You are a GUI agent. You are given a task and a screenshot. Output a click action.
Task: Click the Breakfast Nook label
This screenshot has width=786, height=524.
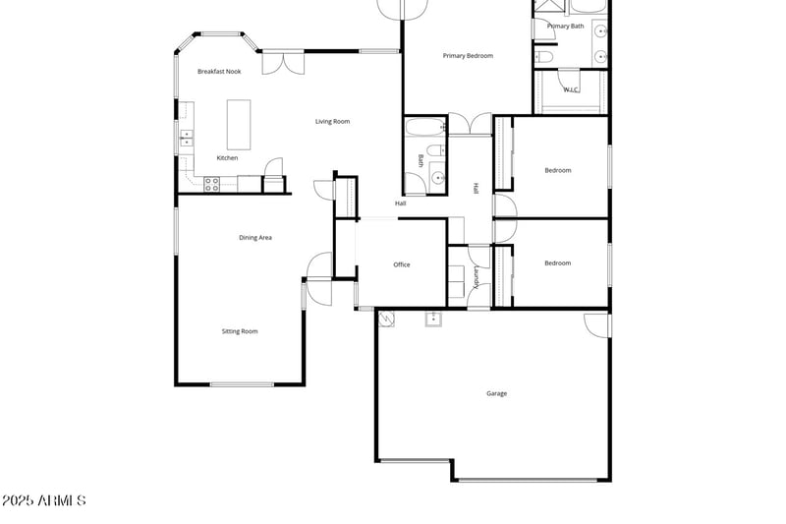[x=218, y=72]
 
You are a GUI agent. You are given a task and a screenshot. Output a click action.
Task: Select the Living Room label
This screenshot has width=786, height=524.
[x=332, y=122]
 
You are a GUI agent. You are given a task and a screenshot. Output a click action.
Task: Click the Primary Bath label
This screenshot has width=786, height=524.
[x=565, y=27]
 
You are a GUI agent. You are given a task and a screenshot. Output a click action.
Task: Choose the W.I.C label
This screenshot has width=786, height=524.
[x=570, y=89]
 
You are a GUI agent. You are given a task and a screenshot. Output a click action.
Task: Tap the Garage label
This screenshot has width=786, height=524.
[x=496, y=393]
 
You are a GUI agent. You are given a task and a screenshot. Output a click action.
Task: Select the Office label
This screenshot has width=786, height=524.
[x=401, y=264]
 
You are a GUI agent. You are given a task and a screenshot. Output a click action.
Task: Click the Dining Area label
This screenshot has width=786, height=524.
[x=255, y=238]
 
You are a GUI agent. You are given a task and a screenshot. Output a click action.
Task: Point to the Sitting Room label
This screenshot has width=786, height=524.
[x=240, y=331]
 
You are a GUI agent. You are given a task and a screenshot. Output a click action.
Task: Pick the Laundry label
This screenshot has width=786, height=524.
[x=477, y=276]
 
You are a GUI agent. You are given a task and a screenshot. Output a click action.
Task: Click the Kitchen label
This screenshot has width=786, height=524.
[x=227, y=158]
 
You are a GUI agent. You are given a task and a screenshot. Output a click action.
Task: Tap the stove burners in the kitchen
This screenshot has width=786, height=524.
[x=211, y=182]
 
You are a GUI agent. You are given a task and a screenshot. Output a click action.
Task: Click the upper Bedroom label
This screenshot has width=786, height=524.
[x=558, y=170]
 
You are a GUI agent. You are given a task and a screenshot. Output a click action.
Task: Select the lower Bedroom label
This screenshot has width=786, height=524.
[x=558, y=262]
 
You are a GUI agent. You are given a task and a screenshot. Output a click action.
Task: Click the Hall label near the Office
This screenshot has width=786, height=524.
[x=401, y=204]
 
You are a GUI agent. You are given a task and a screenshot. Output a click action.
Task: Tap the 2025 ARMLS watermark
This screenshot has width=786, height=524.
[x=43, y=500]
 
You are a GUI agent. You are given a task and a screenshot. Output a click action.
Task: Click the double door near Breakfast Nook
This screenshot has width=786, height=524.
[x=289, y=63]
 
